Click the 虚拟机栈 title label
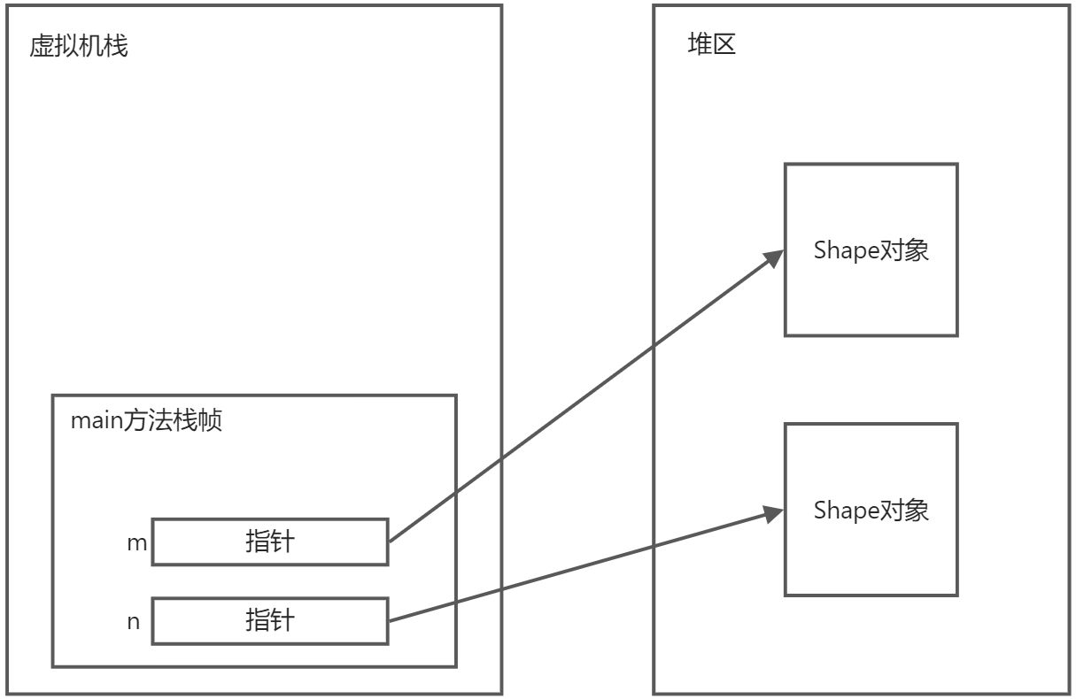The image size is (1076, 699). coord(79,46)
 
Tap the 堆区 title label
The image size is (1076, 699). coord(711,45)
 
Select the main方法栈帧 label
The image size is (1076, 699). coord(146,420)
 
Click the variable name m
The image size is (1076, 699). coord(136,542)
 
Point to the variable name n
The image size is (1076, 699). coord(134,621)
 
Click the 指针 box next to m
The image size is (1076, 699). coord(270,542)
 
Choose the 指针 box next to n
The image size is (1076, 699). coord(270,620)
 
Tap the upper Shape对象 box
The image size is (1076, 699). coord(871,250)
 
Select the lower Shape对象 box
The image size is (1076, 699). coord(871,510)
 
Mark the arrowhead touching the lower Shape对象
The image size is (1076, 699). coord(775,512)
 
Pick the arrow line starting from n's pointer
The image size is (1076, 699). coord(576,568)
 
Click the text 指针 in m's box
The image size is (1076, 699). coord(270,542)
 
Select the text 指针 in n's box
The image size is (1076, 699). coord(270,620)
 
